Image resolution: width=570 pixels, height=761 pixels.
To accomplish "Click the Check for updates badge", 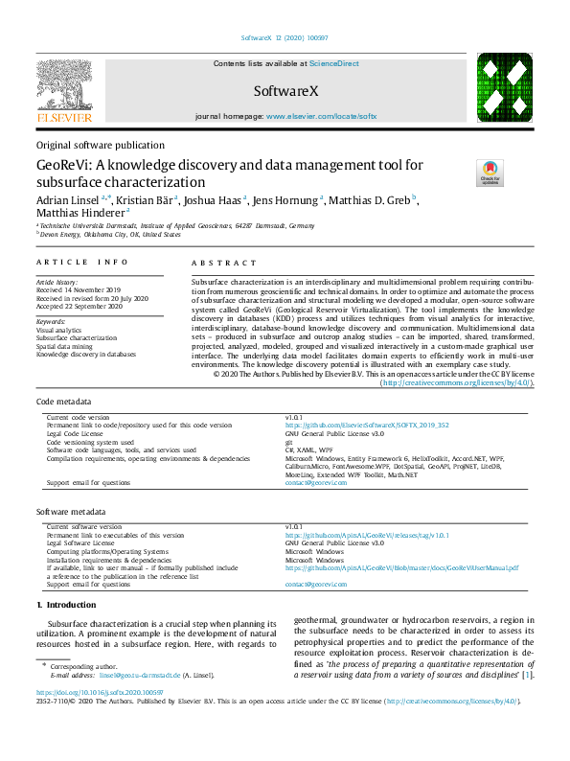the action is [490, 173].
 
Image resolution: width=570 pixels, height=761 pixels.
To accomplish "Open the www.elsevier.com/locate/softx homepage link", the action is [321, 116].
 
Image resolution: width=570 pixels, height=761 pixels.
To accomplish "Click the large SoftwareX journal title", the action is [285, 91].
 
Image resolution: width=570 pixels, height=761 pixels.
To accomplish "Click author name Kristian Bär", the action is [147, 200].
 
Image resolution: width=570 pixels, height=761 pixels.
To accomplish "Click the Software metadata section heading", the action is [71, 513].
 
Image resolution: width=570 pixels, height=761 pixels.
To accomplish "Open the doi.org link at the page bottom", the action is [100, 719].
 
